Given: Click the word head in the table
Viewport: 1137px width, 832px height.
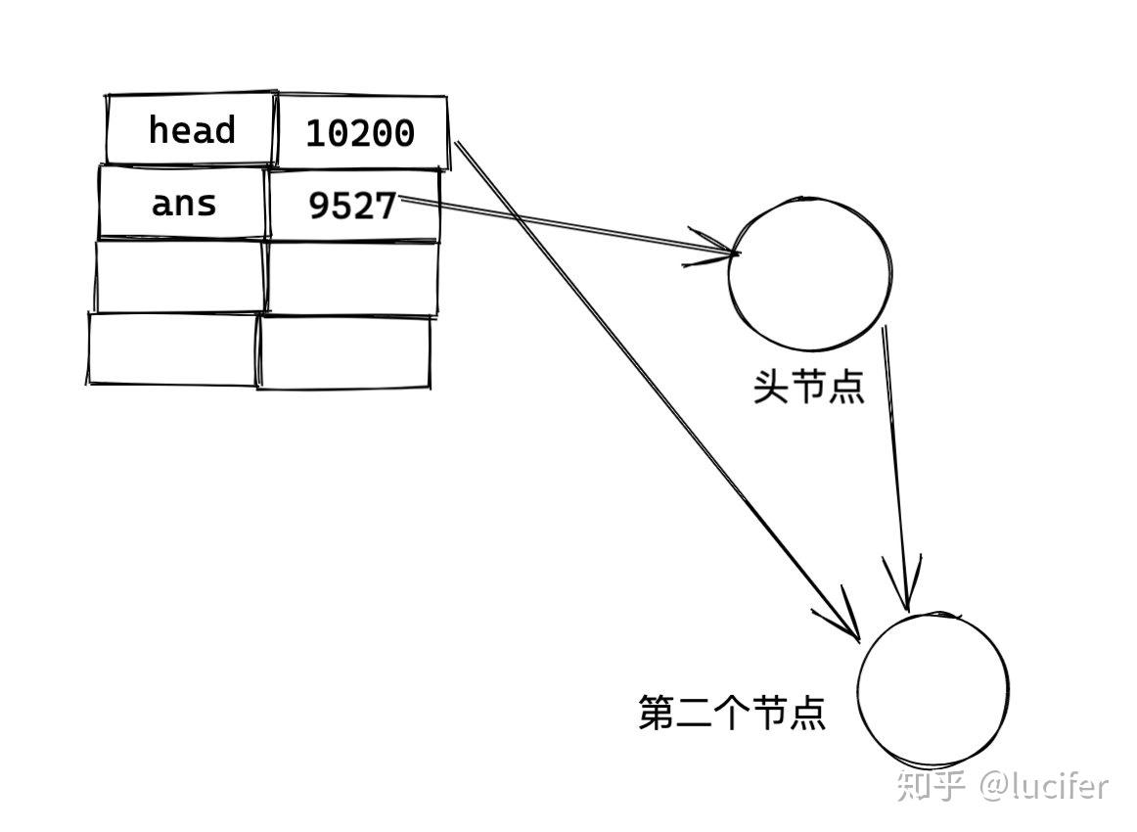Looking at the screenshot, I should pos(192,130).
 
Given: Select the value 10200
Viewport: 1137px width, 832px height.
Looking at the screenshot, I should pos(360,133).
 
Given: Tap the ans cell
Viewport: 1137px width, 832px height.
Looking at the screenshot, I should pos(183,204).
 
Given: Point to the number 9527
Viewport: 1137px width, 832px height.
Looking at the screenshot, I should pos(352,206).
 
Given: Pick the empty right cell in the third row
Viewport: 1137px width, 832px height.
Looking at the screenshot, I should pos(352,277).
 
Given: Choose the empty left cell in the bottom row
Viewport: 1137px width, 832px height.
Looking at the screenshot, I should pos(173,348).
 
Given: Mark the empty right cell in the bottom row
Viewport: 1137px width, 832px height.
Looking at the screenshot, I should pos(344,352).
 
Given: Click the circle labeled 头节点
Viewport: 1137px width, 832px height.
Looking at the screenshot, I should pos(809,271).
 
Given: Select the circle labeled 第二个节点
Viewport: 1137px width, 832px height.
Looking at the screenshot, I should pos(932,689).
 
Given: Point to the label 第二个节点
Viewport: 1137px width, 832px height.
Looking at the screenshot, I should pos(732,713).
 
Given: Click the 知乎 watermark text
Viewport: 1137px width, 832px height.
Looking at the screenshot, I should pos(932,786).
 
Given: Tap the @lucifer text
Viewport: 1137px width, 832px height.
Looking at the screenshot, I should pos(1046,785).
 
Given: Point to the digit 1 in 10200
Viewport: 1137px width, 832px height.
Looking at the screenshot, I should pos(316,134).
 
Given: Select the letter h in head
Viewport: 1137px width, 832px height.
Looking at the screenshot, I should pos(159,130).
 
